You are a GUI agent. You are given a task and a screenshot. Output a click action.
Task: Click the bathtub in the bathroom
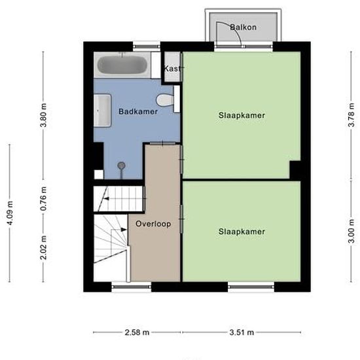(122, 65)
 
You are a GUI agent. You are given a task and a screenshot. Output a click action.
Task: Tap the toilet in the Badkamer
(166, 100)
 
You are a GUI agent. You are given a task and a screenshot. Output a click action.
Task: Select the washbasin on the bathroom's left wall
(102, 111)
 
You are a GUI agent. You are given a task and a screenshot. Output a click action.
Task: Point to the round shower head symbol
(121, 166)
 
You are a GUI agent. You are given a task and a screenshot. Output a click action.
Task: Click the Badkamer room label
(138, 111)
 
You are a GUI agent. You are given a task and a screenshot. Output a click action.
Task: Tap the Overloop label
(153, 224)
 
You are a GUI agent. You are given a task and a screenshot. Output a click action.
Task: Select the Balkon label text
(243, 27)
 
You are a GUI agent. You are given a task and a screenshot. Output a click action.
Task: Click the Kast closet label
(172, 69)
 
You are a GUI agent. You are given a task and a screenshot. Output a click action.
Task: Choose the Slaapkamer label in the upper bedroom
(242, 115)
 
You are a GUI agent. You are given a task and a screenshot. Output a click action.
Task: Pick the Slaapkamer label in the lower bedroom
(242, 232)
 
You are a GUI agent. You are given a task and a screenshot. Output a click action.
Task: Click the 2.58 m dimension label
(137, 333)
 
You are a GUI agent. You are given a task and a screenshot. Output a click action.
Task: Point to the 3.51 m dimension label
(242, 333)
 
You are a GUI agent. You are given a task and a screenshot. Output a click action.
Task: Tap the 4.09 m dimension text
(10, 213)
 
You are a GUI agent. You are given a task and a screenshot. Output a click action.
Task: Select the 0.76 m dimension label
(43, 199)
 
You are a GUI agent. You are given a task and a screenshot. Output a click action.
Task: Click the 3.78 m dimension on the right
(351, 115)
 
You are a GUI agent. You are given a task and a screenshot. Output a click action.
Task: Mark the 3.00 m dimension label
(351, 231)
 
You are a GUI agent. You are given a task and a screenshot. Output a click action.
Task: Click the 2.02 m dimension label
(43, 247)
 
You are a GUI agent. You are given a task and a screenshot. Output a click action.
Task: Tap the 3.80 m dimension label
(43, 115)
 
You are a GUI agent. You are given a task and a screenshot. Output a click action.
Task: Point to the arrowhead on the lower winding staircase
(124, 230)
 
